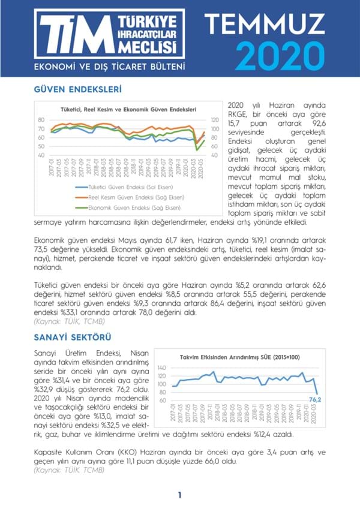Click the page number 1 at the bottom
click(179, 495)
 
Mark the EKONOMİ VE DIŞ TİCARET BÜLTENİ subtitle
click(109, 65)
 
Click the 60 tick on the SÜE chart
click(163, 400)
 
